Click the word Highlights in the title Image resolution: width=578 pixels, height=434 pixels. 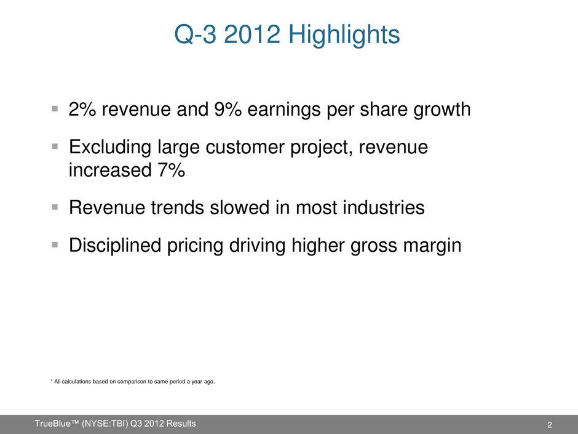344,34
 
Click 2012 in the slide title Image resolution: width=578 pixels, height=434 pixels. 251,34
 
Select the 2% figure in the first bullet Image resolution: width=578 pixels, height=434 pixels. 82,109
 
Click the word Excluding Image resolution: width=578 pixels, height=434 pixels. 110,148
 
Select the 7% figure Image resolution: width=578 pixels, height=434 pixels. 172,170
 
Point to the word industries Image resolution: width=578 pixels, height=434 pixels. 384,207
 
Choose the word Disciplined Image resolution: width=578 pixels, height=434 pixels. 115,246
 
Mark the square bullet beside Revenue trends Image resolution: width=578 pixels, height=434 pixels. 55,207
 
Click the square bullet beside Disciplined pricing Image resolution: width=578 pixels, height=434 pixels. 55,244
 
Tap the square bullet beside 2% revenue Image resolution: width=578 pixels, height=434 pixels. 55,108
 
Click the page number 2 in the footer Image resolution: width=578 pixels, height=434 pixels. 550,425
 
